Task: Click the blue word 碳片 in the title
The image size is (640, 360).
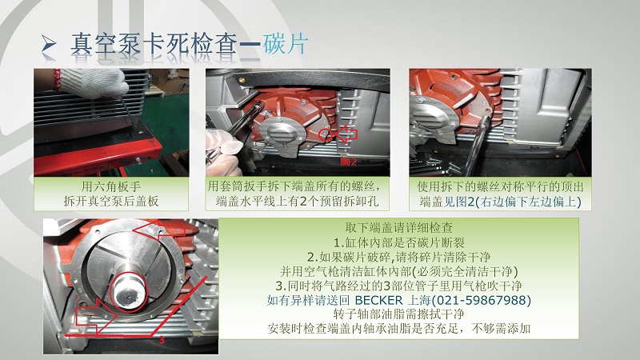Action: coord(285,44)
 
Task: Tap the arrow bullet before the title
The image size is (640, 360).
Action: coord(49,44)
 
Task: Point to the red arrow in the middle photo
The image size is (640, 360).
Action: coord(346,134)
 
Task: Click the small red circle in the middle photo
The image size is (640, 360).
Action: coord(326,134)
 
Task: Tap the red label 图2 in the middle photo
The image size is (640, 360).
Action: coord(349,162)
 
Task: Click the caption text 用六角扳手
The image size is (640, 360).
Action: coord(111,186)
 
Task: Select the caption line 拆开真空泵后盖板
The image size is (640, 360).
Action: coord(111,201)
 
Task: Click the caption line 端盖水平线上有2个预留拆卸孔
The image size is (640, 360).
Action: coord(297,201)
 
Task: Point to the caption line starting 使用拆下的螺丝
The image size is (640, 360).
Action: coord(500,186)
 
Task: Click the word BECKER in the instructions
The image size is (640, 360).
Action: coord(378,301)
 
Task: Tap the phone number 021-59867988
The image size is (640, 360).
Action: coord(481,301)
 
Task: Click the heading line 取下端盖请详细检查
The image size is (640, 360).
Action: coord(398,228)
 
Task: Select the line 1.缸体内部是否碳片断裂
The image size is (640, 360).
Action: coord(398,243)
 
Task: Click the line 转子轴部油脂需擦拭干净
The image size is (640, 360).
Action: coord(398,314)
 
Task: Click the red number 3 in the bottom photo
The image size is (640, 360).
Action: coord(162,339)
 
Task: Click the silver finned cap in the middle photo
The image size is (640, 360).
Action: coord(282,134)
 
